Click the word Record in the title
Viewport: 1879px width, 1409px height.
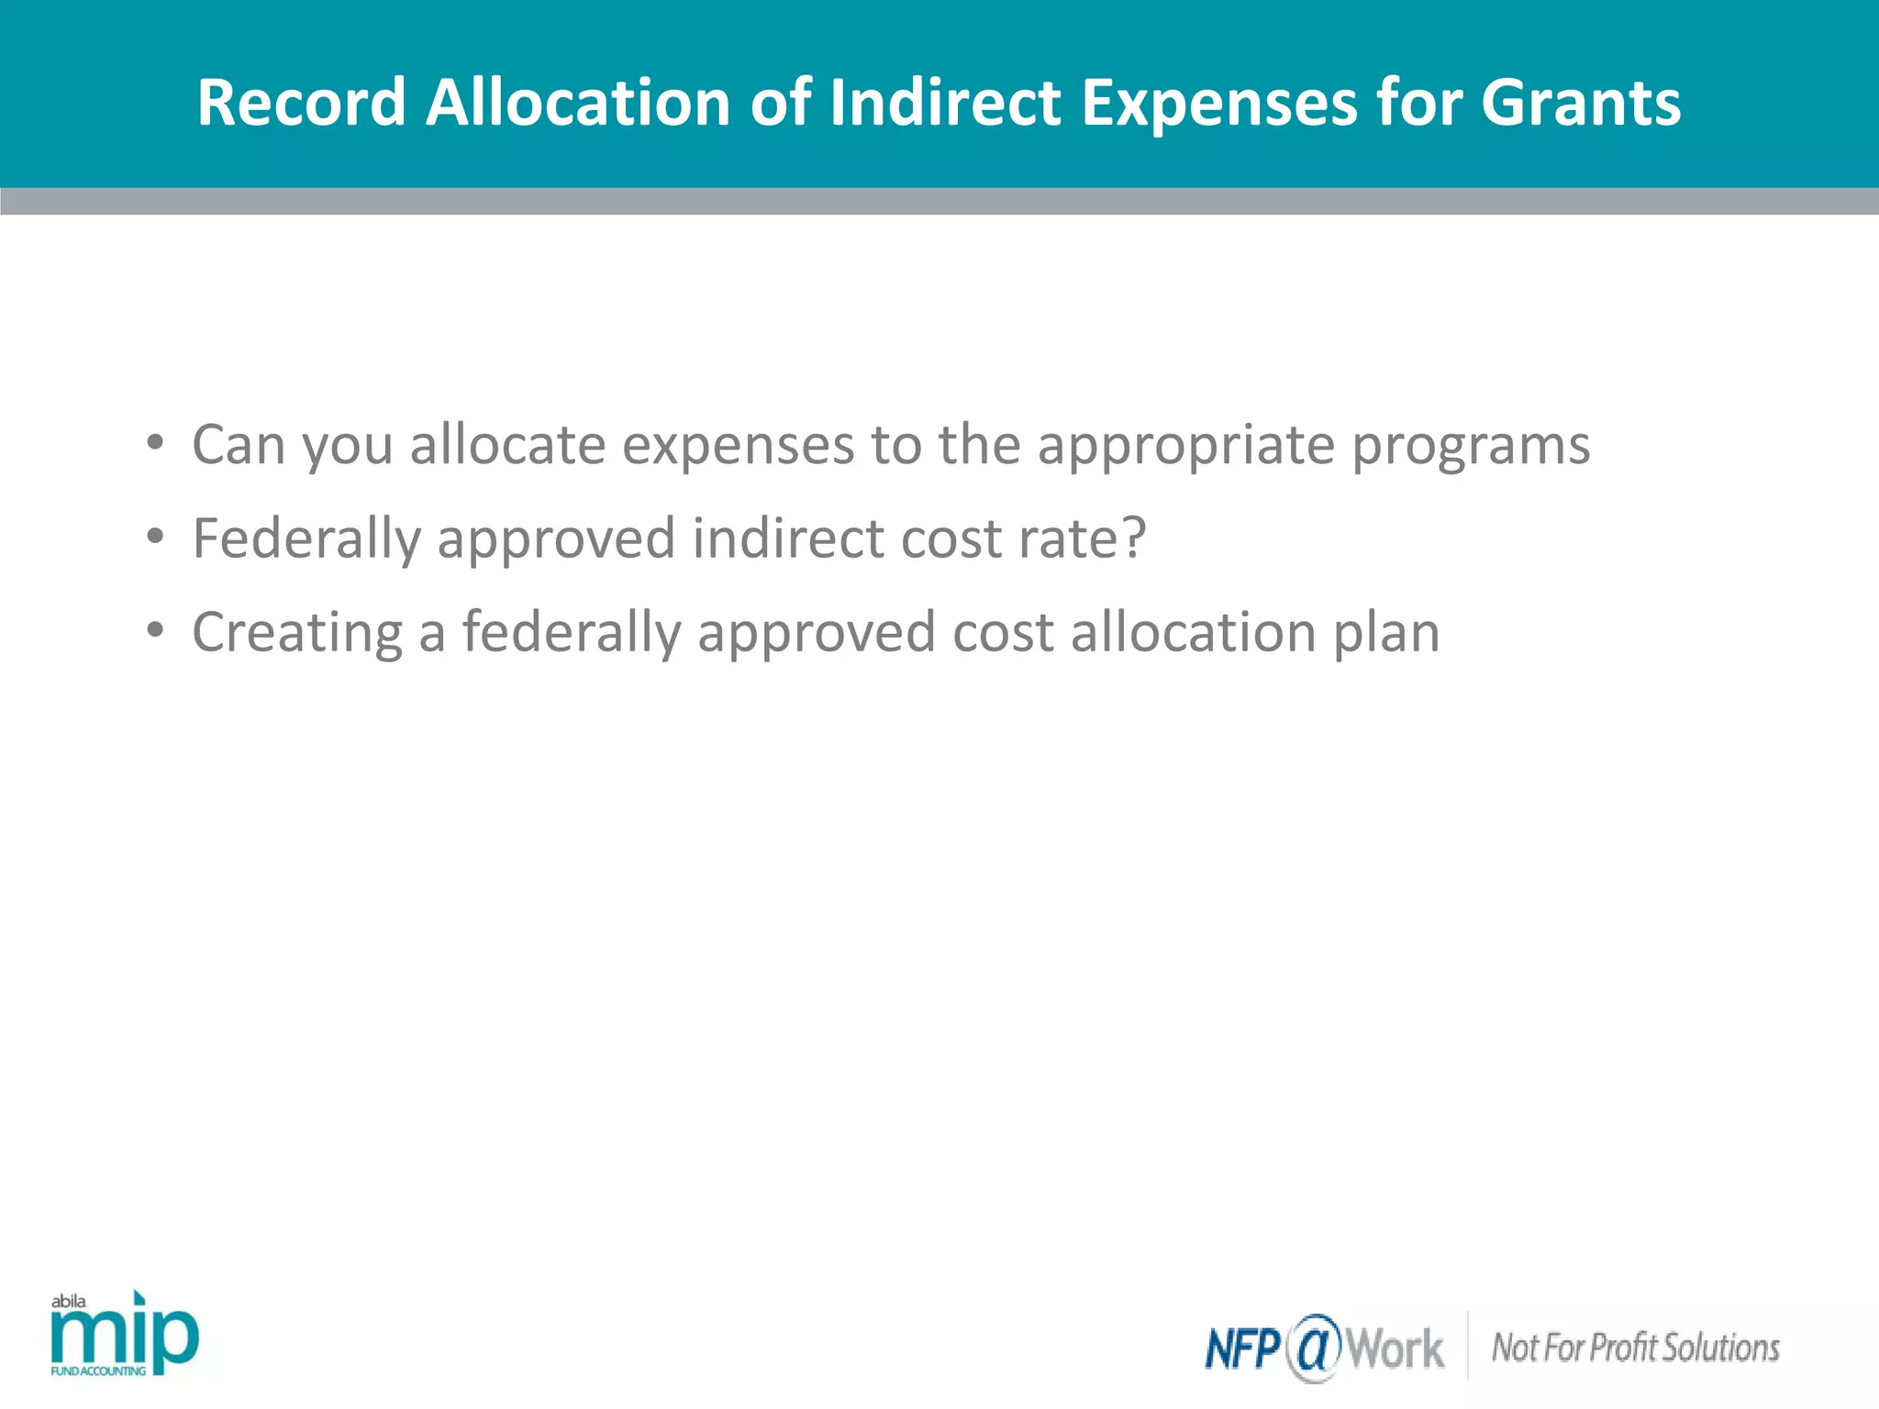click(301, 102)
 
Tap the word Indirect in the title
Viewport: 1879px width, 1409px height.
click(945, 102)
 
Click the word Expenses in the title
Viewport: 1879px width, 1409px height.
click(1219, 102)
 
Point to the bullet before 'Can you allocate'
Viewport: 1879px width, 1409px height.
click(155, 444)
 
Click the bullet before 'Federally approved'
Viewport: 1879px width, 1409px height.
click(155, 538)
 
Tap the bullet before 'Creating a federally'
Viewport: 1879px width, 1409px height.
click(155, 632)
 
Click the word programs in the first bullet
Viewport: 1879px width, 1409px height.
click(1471, 446)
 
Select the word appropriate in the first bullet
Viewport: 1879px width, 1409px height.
click(1185, 446)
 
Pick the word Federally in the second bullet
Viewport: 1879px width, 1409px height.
click(306, 538)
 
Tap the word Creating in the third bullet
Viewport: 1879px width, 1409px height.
click(297, 632)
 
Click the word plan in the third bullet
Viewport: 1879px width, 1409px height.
click(1385, 632)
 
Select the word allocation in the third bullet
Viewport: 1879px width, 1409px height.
click(1193, 632)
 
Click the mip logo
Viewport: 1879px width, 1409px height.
click(125, 1339)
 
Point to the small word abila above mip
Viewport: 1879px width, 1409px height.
click(69, 1301)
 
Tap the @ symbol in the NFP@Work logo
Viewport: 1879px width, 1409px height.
click(1314, 1348)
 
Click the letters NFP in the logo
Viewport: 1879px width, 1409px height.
click(1243, 1348)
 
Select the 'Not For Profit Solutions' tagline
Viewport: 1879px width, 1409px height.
click(1635, 1348)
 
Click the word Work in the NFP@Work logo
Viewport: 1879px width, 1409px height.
click(1395, 1348)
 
